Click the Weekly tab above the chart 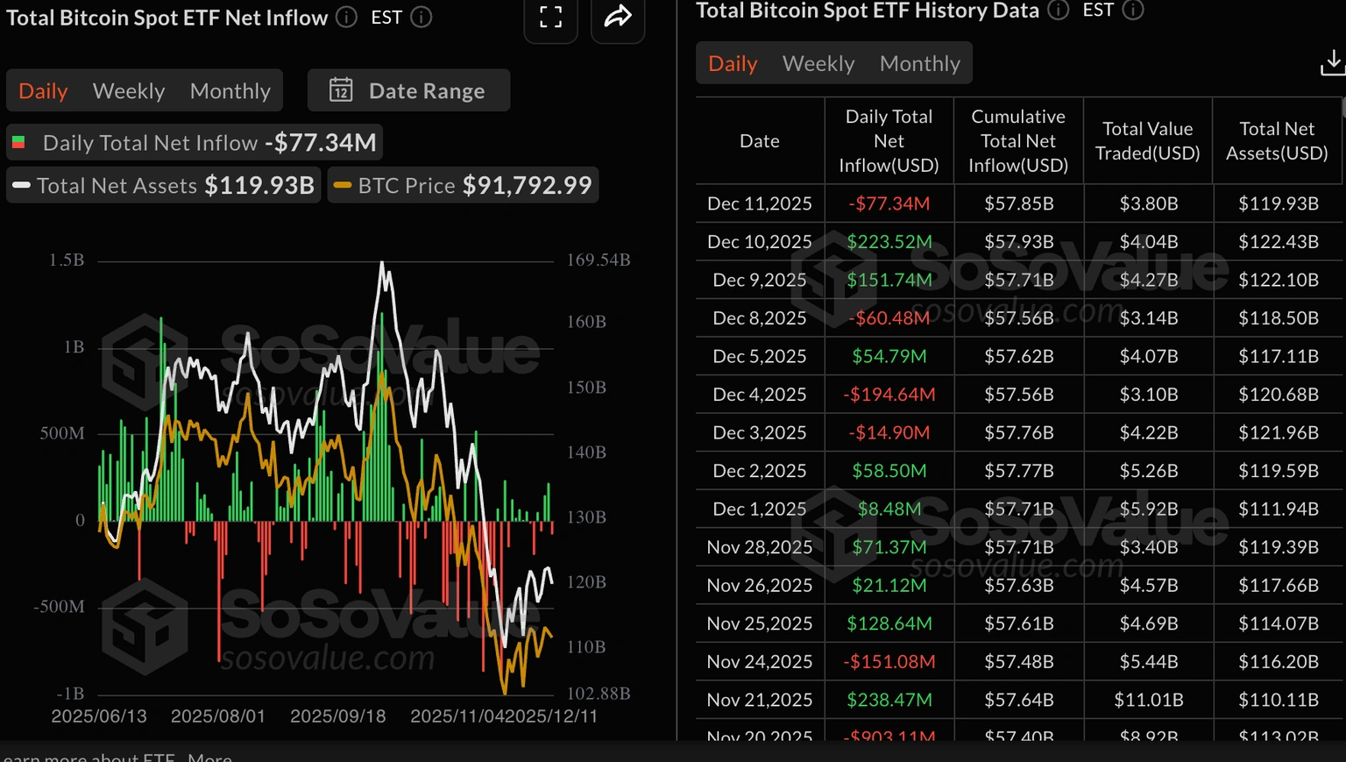tap(128, 91)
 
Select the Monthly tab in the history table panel tap(919, 64)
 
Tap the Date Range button tap(408, 91)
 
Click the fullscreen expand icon tap(550, 17)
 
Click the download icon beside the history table tap(1332, 62)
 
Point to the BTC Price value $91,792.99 tap(527, 186)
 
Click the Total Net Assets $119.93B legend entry tap(163, 186)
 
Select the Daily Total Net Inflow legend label tap(150, 143)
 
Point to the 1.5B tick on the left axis tap(67, 260)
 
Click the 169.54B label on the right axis tap(599, 260)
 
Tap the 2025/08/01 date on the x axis tap(217, 716)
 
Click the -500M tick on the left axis tap(60, 607)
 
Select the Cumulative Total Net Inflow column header tap(1018, 141)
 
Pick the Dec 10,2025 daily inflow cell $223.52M tap(889, 242)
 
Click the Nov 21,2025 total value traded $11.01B tap(1148, 700)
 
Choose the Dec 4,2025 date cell tap(759, 395)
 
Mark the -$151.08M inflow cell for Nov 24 tap(889, 662)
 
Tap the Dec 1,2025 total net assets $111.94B tap(1278, 509)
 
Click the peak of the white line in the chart tap(382, 262)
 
